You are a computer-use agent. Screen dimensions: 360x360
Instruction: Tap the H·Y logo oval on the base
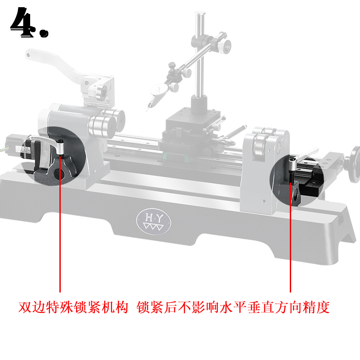click(153, 220)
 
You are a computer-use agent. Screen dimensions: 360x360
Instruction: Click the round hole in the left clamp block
click(57, 171)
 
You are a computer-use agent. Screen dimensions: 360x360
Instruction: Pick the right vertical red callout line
click(290, 234)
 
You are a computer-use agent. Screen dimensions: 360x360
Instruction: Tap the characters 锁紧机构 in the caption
click(97, 307)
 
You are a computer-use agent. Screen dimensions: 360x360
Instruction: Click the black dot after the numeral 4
click(44, 33)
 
